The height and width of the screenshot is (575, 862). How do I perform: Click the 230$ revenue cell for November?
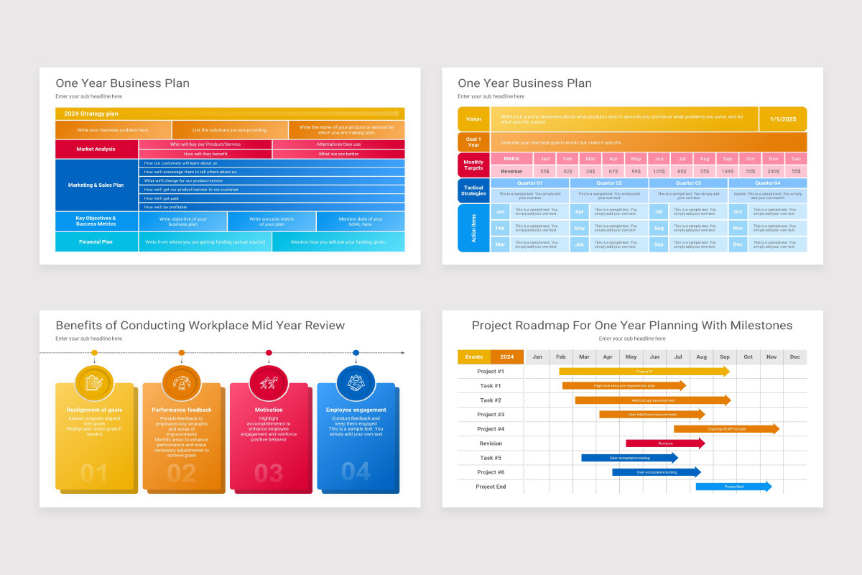click(773, 172)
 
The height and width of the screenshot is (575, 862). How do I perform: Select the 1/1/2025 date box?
click(782, 119)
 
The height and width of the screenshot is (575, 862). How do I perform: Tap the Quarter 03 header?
click(688, 183)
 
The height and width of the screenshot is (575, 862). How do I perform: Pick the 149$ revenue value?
click(728, 172)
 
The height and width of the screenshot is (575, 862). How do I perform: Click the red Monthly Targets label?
click(473, 165)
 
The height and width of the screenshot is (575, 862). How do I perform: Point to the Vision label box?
click(473, 119)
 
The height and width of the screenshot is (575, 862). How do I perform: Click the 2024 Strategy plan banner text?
click(91, 114)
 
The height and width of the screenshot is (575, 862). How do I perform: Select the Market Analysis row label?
click(96, 149)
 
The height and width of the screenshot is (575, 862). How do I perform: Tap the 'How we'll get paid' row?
click(272, 198)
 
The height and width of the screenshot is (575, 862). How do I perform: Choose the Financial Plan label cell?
click(96, 242)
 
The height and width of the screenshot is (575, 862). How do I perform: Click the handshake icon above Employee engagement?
click(356, 383)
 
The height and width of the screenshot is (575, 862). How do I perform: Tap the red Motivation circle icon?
click(269, 383)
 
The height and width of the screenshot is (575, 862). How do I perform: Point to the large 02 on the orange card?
click(181, 473)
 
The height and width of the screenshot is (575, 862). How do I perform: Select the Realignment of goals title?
click(94, 410)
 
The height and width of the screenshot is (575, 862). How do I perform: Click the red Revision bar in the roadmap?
click(665, 443)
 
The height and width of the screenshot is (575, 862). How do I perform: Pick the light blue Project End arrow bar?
click(733, 487)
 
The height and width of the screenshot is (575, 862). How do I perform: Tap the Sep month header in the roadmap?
click(725, 357)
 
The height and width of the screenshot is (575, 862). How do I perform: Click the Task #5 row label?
click(491, 458)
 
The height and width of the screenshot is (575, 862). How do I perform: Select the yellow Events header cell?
click(474, 357)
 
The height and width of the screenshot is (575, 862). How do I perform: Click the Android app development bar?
click(652, 400)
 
